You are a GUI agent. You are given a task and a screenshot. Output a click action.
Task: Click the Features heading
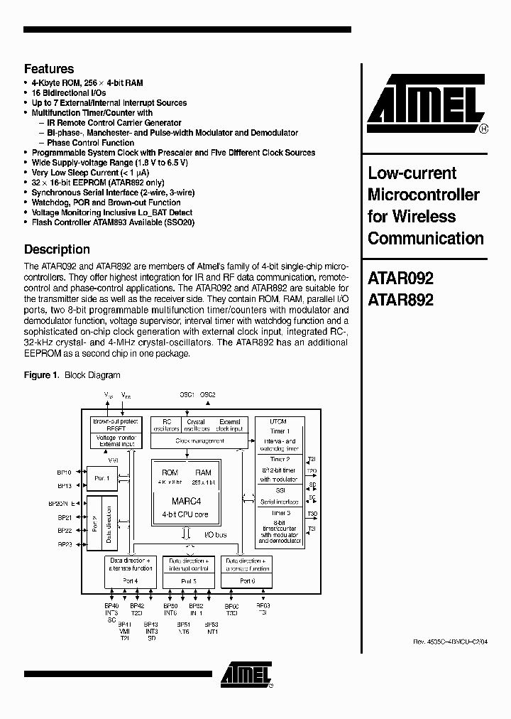pos(49,69)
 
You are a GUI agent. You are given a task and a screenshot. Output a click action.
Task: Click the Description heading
pos(57,249)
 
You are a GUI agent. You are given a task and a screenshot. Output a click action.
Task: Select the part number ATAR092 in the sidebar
pos(400,279)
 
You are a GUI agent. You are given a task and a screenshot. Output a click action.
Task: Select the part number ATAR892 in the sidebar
pos(400,300)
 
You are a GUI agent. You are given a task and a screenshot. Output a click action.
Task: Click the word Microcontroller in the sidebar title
pos(424,195)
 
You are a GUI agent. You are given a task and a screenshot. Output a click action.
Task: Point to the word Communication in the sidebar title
pos(426,239)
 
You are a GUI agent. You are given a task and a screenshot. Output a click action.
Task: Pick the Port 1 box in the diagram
pos(101,478)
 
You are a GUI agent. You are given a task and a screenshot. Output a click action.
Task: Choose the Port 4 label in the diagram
pos(130,580)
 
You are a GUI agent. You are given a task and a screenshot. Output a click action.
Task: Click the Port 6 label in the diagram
pos(246,580)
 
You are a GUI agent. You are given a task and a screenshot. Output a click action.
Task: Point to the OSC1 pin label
pos(187,394)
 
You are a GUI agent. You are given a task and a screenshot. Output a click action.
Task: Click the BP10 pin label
pos(65,472)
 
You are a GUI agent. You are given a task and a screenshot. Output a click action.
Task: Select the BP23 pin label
pos(65,544)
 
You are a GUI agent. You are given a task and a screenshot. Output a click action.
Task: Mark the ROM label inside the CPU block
pos(170,472)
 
